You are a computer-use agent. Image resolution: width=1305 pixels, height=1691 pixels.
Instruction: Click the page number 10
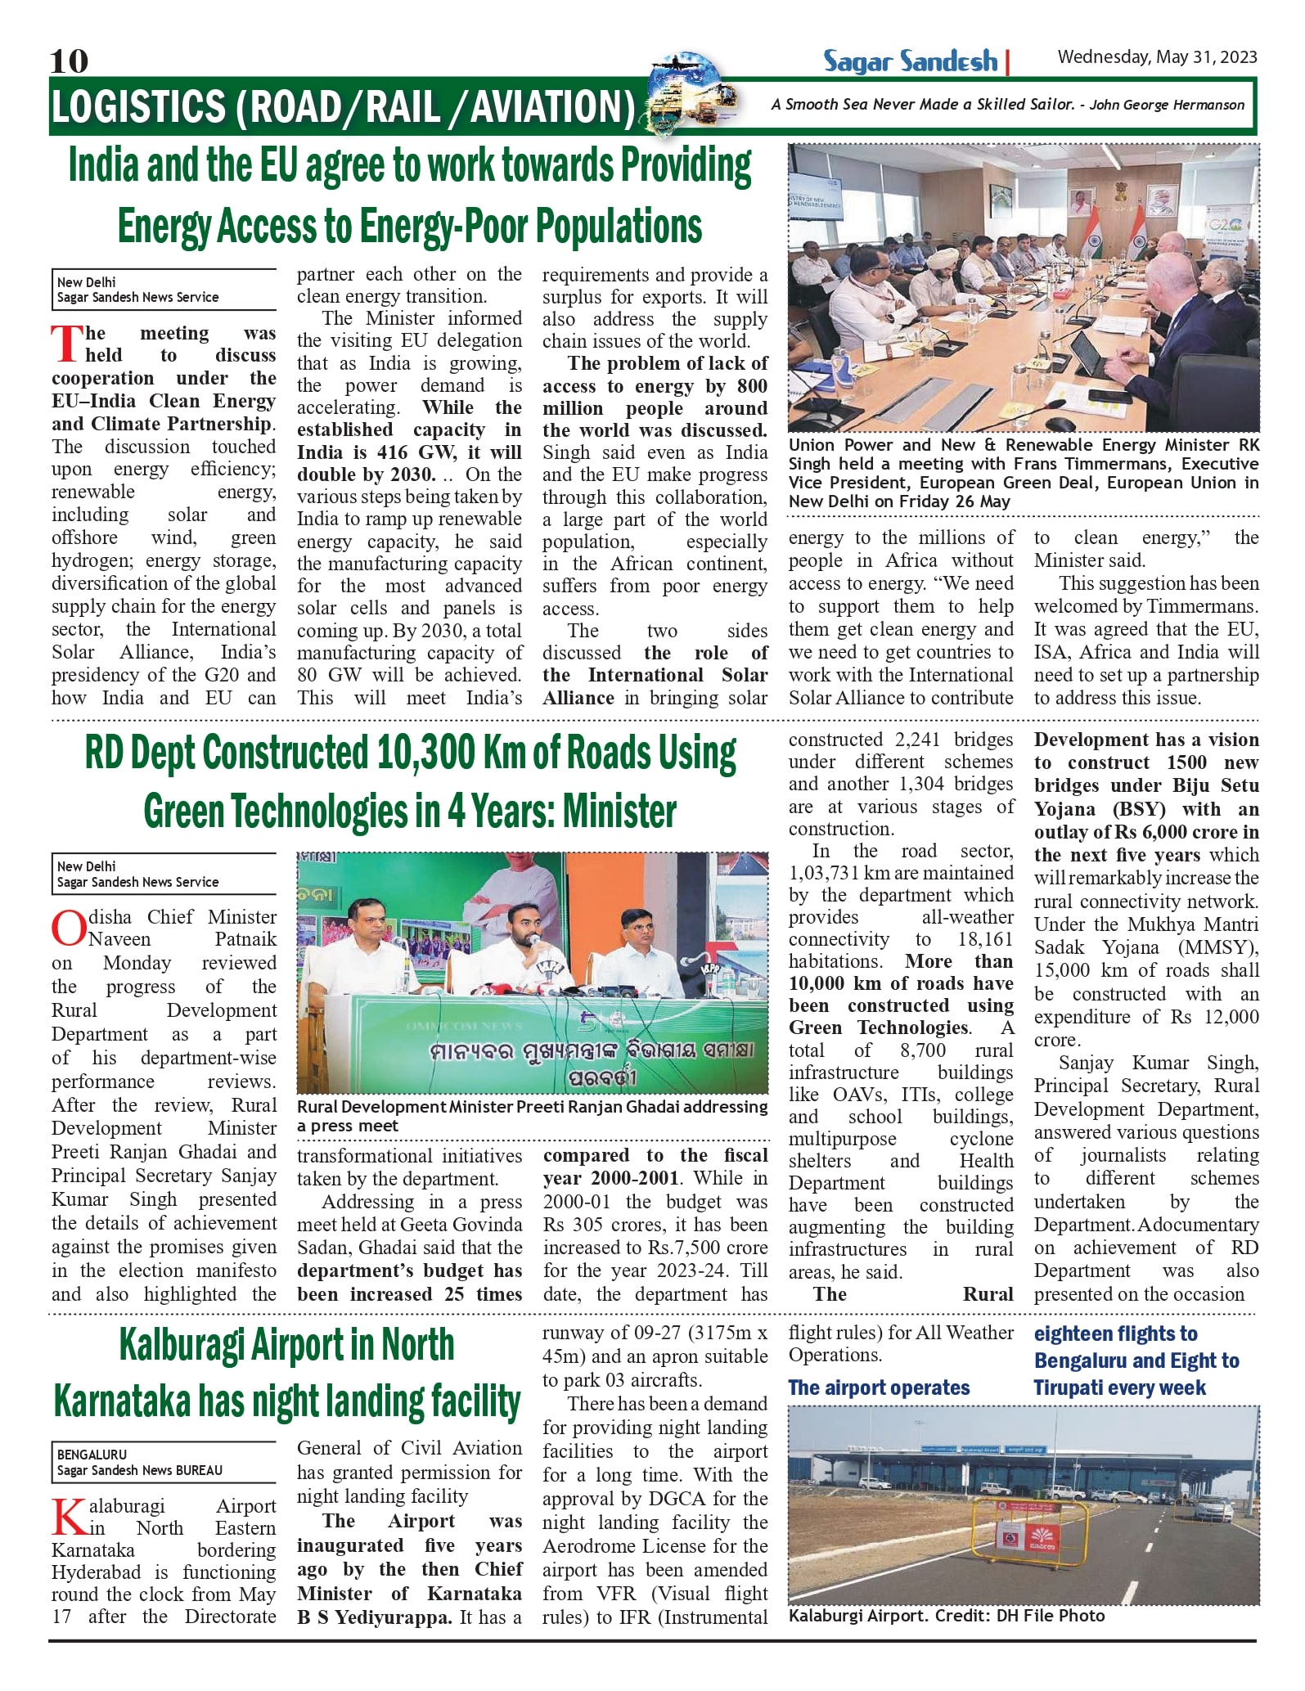[69, 61]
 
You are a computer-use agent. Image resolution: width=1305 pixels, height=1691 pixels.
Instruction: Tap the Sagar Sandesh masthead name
[910, 61]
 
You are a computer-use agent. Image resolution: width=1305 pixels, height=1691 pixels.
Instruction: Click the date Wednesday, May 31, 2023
[1157, 56]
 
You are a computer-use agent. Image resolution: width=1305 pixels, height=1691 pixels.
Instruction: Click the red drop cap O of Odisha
[68, 929]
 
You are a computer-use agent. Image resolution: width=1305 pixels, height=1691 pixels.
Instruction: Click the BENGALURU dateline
[92, 1455]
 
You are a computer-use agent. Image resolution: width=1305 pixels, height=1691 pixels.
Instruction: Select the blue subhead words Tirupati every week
[1119, 1387]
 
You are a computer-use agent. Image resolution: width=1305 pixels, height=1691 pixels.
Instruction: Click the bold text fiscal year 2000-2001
[655, 1167]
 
